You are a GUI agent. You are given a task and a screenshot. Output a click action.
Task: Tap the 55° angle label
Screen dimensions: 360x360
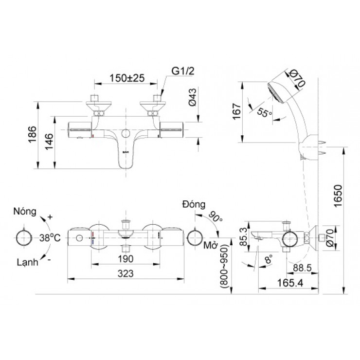point(264,113)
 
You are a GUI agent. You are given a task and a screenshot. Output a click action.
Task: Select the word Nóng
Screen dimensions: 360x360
point(25,212)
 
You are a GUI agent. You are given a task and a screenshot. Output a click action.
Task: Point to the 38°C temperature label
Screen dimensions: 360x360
point(50,238)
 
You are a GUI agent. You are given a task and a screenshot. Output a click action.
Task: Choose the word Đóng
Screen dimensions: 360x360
point(194,203)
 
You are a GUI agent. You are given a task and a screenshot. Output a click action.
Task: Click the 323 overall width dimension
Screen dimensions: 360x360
point(126,274)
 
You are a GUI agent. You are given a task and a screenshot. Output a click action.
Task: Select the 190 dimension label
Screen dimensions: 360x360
point(126,258)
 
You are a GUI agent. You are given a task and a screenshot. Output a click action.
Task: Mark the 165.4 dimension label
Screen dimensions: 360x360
point(287,282)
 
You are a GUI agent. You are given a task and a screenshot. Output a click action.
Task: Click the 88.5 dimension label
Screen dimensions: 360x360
point(298,267)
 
